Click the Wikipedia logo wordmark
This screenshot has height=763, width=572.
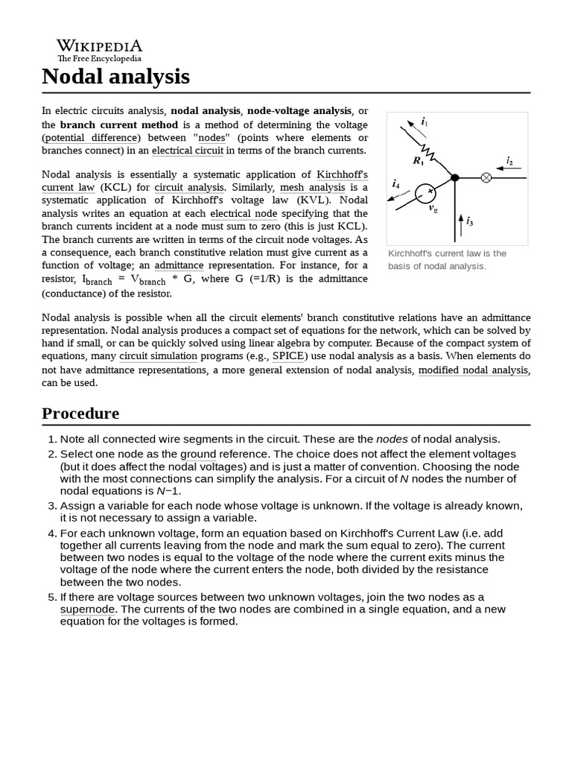99,46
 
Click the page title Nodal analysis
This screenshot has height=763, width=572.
115,76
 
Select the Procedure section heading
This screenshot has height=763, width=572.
80,414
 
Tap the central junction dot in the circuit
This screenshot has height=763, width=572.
455,177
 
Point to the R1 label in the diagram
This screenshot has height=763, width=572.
418,160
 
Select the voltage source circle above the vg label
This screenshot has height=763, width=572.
425,192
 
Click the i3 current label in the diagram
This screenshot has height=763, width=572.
470,221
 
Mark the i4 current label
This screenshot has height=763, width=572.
395,183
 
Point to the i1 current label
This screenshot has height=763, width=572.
424,121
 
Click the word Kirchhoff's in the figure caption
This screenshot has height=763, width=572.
410,253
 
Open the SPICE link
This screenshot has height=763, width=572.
288,355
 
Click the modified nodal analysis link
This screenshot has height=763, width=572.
473,370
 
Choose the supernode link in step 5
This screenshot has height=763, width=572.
87,609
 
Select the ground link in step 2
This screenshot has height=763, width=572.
203,454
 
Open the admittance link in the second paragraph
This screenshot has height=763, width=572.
179,265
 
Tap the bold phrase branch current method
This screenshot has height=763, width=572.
119,124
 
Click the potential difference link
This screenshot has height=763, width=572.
91,138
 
